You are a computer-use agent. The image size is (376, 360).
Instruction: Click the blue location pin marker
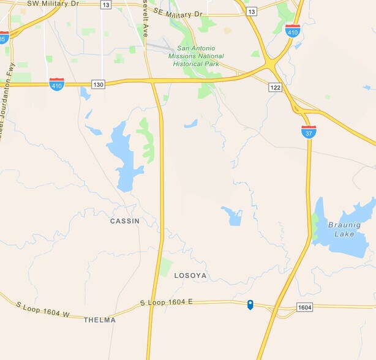[x=250, y=304]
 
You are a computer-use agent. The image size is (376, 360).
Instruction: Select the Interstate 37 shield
[x=309, y=130]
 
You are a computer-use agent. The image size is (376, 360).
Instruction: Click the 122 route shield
[x=275, y=88]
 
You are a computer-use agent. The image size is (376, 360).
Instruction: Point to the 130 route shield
[x=99, y=84]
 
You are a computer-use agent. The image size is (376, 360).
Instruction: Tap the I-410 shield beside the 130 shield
[x=56, y=84]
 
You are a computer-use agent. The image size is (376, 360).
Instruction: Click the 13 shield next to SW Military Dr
[x=105, y=4]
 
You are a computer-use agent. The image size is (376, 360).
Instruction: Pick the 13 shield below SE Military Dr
[x=252, y=11]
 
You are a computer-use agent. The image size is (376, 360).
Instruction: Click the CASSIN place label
[x=124, y=221]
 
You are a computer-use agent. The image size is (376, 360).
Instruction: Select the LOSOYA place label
[x=191, y=276]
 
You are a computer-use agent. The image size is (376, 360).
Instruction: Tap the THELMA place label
[x=99, y=320]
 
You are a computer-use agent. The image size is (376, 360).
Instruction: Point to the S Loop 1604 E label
[x=166, y=302]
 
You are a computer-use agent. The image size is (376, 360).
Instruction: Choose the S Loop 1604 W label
[x=43, y=310]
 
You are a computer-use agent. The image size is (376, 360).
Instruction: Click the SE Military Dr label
[x=178, y=12]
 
